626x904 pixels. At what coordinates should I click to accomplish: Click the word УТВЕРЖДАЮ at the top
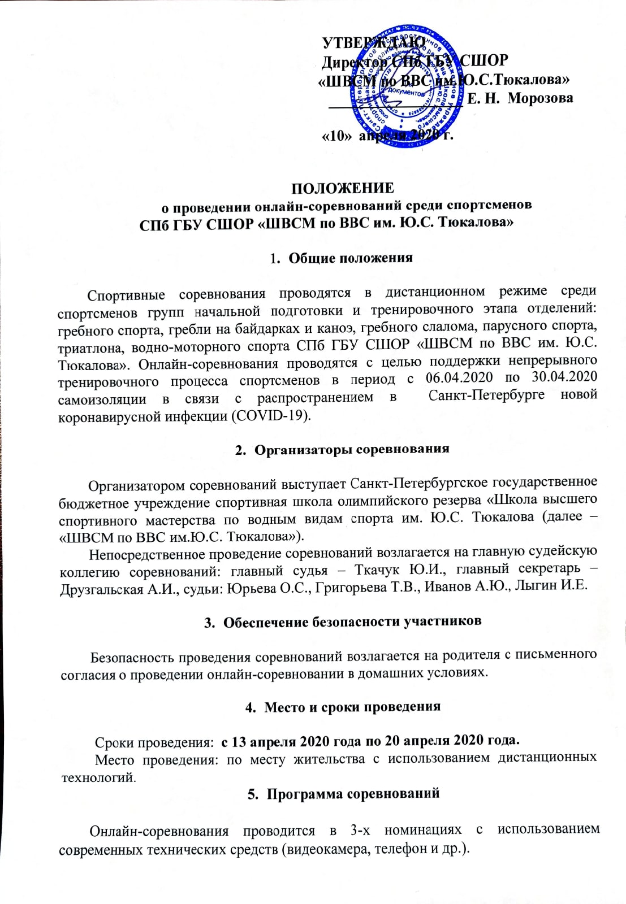click(x=373, y=43)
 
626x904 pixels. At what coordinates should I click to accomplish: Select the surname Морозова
click(x=540, y=98)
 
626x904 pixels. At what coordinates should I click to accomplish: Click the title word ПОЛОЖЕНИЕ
click(x=343, y=188)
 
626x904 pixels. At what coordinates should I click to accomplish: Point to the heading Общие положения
click(x=351, y=258)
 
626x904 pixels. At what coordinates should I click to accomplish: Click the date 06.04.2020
click(x=459, y=377)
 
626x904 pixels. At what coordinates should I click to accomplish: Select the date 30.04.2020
click(x=564, y=376)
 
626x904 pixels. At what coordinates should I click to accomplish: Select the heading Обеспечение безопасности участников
click(x=352, y=621)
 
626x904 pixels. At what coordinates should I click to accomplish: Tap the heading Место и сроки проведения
click(x=352, y=707)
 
